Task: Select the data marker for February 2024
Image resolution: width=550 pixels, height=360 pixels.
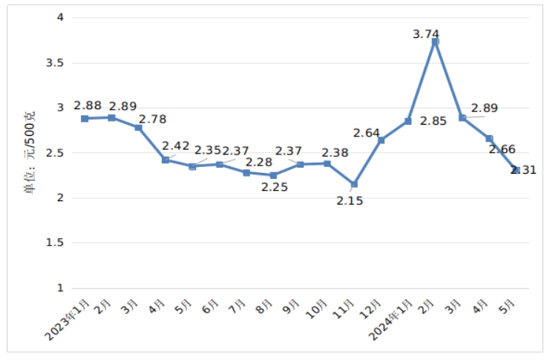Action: click(435, 42)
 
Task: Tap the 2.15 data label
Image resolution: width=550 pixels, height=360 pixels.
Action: click(350, 200)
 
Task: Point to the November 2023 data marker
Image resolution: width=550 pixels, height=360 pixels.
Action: click(354, 184)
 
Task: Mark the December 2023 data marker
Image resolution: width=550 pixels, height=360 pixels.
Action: click(382, 140)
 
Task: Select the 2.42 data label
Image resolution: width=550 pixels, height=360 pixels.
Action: click(175, 145)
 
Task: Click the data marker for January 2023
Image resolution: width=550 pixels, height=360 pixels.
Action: click(85, 118)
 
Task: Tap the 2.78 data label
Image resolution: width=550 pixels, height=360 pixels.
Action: click(152, 119)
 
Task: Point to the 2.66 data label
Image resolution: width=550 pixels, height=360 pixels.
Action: click(502, 148)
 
